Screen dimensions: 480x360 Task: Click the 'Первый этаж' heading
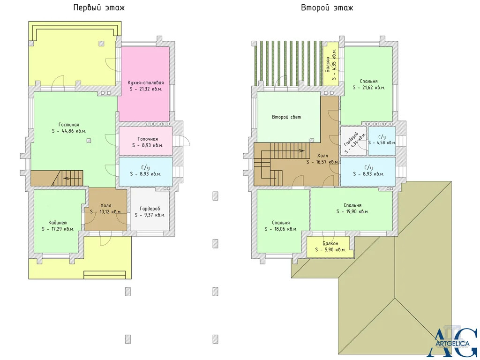[x=99, y=7]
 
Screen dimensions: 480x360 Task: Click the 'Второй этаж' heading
[x=327, y=7]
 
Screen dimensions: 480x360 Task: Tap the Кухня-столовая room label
[x=146, y=82]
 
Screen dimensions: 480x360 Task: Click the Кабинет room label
[x=58, y=223]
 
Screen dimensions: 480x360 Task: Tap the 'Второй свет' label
[x=286, y=117]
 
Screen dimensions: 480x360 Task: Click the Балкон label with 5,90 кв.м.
[x=330, y=244]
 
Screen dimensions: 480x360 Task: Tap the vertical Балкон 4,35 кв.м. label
[x=330, y=64]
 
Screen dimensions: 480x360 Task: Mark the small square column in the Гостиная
[x=89, y=141]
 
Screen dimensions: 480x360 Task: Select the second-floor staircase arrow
[x=292, y=150]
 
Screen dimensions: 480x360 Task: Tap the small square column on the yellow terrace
[x=101, y=43]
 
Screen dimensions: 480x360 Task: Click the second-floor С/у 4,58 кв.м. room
[x=382, y=141]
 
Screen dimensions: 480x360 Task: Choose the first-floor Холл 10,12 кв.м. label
[x=106, y=209]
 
